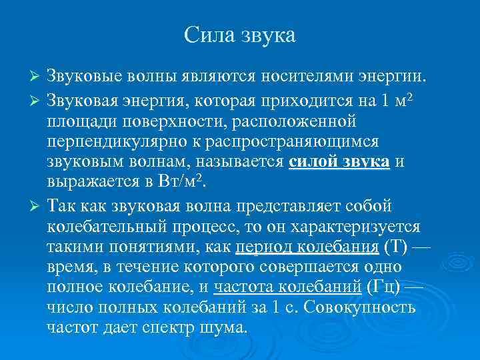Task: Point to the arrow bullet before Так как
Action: coord(37,205)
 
